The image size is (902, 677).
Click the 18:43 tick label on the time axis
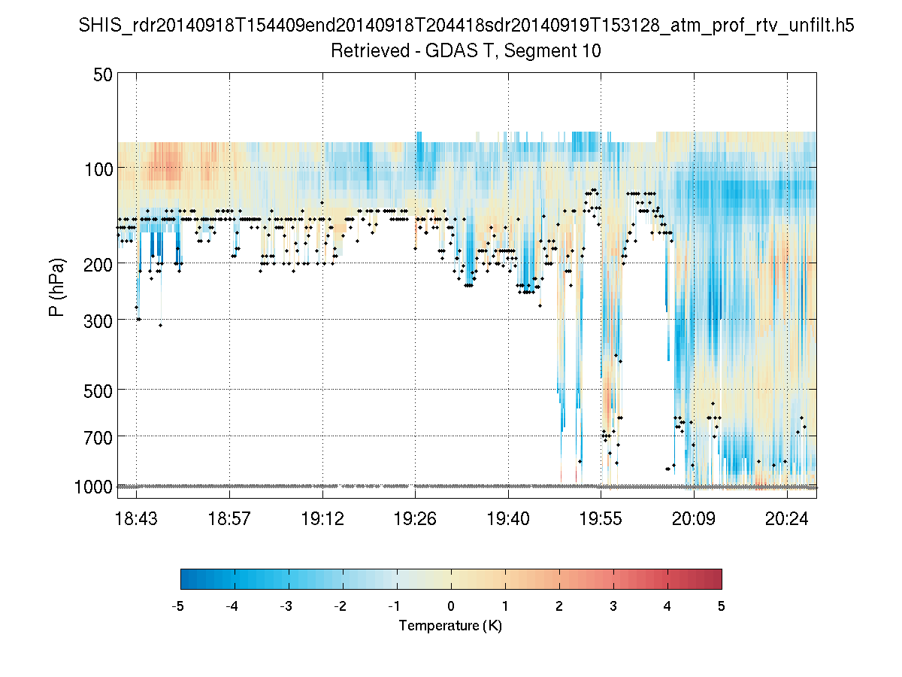(136, 519)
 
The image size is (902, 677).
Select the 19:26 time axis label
(416, 519)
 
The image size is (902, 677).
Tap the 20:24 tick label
(787, 519)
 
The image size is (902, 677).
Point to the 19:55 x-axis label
(601, 519)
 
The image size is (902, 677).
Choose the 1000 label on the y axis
(93, 487)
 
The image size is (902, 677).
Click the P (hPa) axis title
(57, 287)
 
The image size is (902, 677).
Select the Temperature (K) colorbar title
(450, 626)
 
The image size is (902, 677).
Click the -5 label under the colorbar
(178, 606)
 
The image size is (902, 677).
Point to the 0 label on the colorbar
(451, 606)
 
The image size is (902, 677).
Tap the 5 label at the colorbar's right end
(722, 606)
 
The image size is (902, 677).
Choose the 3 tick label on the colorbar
(613, 606)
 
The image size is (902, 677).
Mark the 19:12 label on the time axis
(322, 519)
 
